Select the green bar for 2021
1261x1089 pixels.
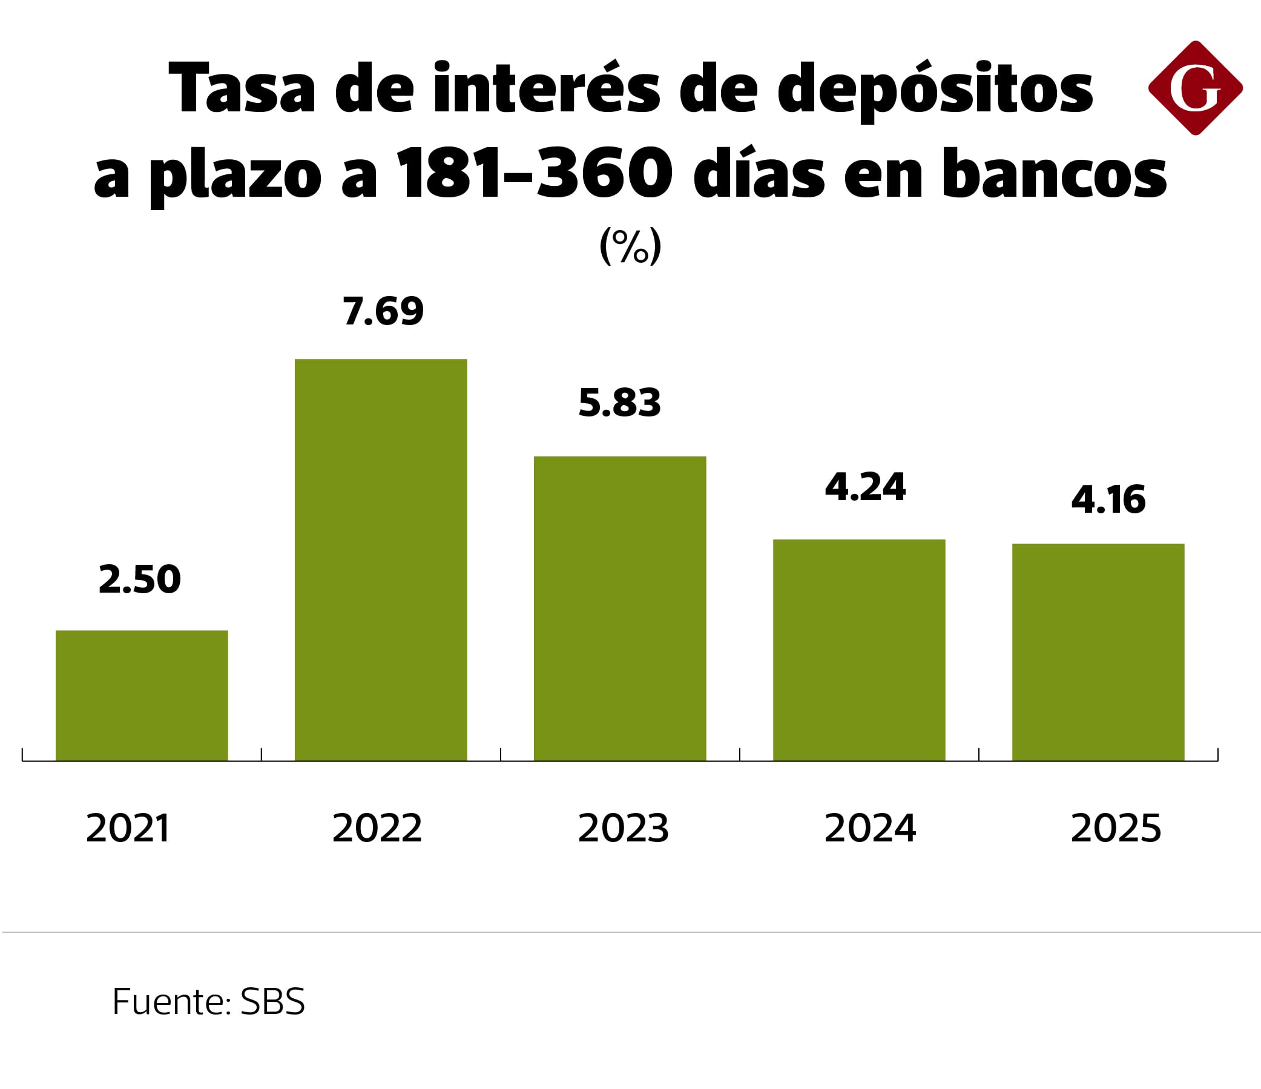142,695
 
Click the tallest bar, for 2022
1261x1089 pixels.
381,560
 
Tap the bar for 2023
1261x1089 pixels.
619,608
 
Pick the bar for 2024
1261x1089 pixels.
858,650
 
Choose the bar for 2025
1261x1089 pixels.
1098,652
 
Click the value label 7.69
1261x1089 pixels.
383,311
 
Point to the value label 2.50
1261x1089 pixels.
140,579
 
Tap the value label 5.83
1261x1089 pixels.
619,403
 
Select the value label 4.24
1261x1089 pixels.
865,487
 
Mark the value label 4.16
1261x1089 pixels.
1108,500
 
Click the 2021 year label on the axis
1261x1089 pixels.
128,829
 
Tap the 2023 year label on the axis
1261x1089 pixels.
623,829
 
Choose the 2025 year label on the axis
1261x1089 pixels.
1116,829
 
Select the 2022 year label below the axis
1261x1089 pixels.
377,829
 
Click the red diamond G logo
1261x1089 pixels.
1194,88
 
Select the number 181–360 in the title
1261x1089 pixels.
535,174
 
